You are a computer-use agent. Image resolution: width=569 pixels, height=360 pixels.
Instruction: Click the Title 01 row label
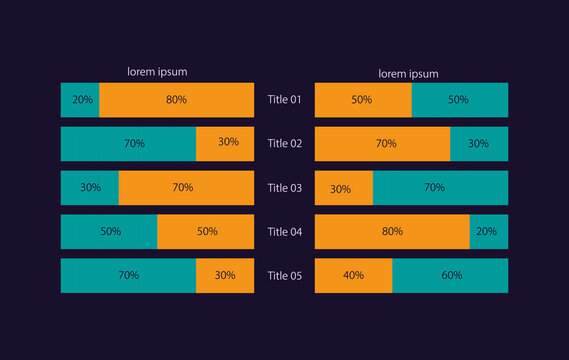point(284,100)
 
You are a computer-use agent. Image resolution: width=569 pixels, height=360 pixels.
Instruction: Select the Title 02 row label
point(284,144)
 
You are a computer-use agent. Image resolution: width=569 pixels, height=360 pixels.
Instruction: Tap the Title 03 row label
point(284,188)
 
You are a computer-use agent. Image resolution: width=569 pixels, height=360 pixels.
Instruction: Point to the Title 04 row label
point(284,232)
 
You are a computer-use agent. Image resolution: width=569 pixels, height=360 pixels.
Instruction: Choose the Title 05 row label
point(284,276)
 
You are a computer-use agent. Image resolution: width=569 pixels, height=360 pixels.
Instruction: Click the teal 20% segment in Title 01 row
point(80,100)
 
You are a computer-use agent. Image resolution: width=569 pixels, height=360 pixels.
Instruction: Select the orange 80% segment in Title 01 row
point(176,100)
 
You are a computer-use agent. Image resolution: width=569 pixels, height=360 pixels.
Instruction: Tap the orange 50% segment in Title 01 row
point(363,100)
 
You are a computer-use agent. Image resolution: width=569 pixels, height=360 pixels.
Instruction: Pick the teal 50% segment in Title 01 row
point(460,100)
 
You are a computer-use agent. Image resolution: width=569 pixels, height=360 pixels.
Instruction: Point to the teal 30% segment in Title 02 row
point(479,144)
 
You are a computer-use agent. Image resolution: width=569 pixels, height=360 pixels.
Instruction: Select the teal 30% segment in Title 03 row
point(90,188)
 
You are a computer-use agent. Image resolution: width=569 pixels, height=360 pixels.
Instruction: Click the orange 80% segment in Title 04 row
point(392,232)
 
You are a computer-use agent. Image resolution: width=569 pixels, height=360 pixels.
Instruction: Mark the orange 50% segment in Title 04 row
point(205,232)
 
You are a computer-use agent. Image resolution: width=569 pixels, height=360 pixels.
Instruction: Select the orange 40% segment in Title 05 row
point(353,276)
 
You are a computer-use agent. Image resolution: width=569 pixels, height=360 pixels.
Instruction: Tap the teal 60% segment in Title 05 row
point(450,276)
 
